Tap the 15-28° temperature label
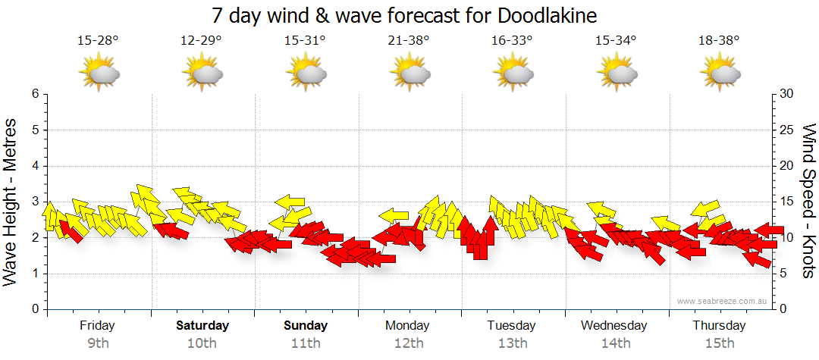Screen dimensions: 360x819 click(x=98, y=41)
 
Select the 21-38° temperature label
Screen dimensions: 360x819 click(x=409, y=41)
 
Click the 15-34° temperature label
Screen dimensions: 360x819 click(x=616, y=41)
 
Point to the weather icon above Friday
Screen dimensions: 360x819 click(x=99, y=74)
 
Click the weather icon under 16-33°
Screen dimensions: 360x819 click(x=513, y=74)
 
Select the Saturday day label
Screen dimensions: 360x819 click(x=202, y=326)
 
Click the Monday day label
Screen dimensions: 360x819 click(x=408, y=326)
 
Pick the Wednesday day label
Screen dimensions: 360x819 click(x=614, y=326)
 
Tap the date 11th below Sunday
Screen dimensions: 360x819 click(x=306, y=343)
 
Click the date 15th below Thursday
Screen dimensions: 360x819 click(x=720, y=343)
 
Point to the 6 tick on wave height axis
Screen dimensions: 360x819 click(x=34, y=94)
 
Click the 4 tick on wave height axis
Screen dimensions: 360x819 click(x=34, y=166)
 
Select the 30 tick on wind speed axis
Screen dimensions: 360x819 click(x=787, y=94)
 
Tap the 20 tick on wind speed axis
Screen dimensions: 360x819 click(x=787, y=166)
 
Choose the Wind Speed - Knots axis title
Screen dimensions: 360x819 click(x=808, y=201)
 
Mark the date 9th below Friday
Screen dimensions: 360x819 click(x=99, y=343)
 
